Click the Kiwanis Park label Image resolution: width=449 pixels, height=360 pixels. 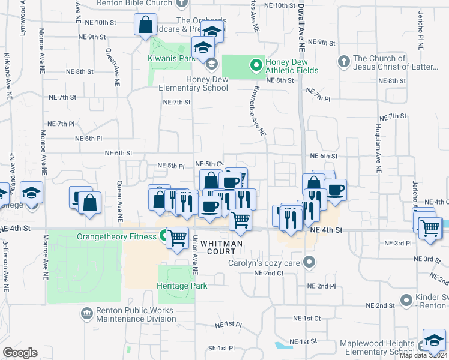tap(172, 59)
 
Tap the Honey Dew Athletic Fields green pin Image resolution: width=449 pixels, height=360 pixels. tap(256, 63)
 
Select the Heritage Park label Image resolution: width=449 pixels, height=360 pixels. tap(182, 286)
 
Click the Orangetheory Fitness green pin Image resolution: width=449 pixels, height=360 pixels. tap(163, 236)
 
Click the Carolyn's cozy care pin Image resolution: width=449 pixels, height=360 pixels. tap(309, 262)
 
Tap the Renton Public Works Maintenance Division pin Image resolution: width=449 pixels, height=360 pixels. tap(87, 313)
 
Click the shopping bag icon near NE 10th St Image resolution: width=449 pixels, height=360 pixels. tap(146, 26)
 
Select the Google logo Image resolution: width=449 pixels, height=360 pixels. tap(20, 352)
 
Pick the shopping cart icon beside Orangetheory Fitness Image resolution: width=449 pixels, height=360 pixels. tap(177, 239)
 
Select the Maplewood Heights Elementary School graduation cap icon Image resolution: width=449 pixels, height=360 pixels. tap(433, 340)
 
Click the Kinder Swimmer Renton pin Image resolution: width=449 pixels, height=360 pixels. tap(408, 299)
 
